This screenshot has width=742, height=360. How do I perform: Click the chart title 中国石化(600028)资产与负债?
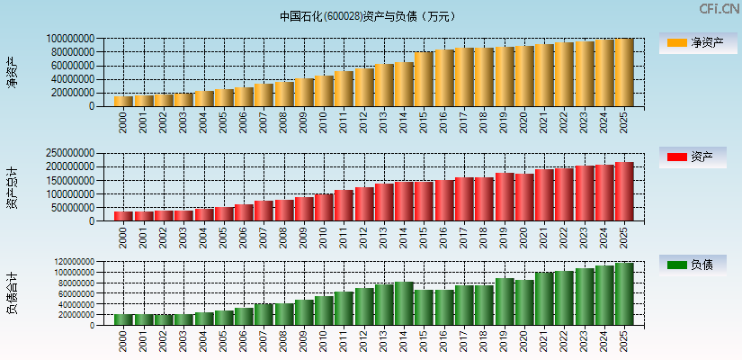368,16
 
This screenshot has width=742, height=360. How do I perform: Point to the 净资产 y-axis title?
12,72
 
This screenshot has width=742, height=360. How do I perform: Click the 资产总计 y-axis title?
12,186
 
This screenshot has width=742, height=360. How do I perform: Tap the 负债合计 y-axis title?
12,293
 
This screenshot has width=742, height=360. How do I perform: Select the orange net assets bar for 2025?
624,72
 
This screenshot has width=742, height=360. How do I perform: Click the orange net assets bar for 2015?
424,79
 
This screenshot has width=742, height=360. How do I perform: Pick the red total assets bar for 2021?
544,194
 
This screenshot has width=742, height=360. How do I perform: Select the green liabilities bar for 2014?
404,303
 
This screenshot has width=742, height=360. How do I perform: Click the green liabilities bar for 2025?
624,293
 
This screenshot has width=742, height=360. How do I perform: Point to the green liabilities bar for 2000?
123,319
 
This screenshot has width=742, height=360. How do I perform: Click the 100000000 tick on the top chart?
68,39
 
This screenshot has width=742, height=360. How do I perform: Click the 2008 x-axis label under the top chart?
283,121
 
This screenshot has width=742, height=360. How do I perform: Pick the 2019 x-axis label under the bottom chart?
504,341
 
